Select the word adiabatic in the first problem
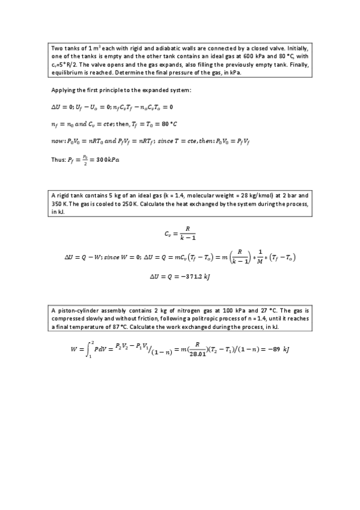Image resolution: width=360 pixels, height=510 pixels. [136, 48]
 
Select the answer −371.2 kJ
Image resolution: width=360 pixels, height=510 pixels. [197, 277]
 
